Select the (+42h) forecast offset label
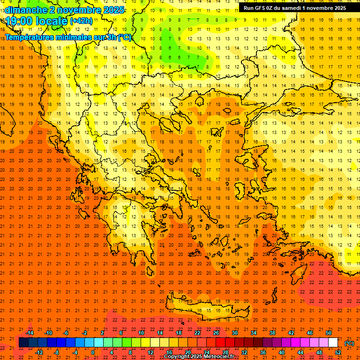[x=81, y=21]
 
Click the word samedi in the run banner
[x=287, y=8]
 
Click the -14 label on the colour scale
[x=29, y=333]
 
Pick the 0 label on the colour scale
[x=93, y=352]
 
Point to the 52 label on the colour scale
[x=337, y=352]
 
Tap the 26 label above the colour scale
[x=216, y=333]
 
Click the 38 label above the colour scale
[x=272, y=333]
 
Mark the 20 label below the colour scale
[x=188, y=352]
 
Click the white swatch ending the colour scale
[x=333, y=343]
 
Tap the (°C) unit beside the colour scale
[x=349, y=343]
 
